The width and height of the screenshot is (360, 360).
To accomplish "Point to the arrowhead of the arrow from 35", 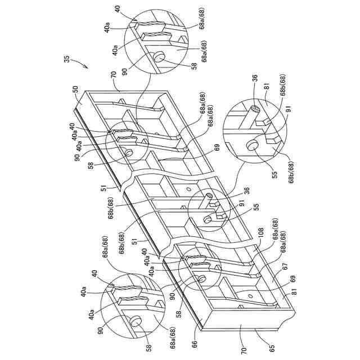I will pos(88,67).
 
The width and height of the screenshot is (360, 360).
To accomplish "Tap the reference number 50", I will pos(75,89).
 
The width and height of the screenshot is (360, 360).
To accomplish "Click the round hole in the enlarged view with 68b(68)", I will pos(251,146).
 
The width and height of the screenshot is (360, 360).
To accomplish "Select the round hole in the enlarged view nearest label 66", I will pos(134,321).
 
